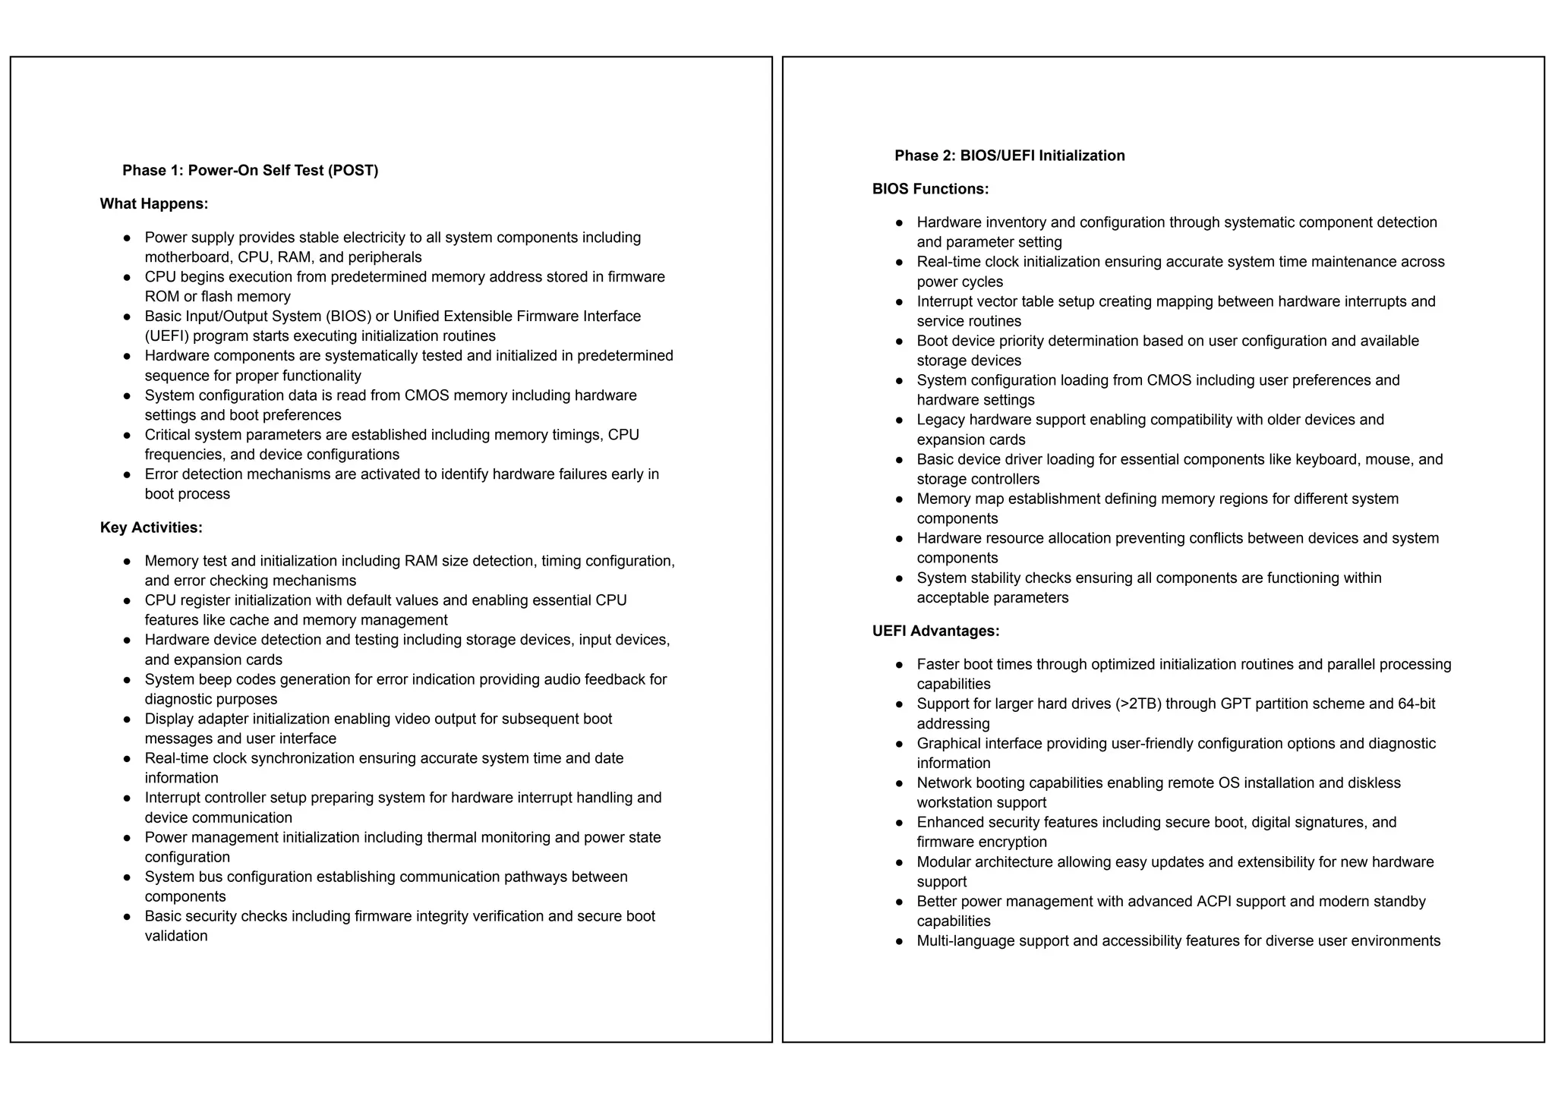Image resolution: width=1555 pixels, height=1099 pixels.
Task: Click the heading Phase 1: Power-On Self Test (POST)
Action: tap(250, 171)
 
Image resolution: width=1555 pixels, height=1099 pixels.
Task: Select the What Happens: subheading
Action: tap(154, 204)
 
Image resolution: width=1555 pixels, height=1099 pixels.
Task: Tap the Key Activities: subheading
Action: tap(151, 527)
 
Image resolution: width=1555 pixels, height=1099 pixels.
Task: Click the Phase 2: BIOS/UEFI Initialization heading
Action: tap(1009, 156)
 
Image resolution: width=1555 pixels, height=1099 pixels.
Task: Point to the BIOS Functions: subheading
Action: tap(930, 189)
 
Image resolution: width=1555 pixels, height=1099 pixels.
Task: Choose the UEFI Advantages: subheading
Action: tap(935, 631)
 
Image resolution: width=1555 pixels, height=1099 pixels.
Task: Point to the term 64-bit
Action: tap(1416, 704)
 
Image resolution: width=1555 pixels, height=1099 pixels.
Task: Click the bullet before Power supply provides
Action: tap(128, 238)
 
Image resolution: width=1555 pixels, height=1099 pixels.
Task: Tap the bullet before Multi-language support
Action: tap(900, 942)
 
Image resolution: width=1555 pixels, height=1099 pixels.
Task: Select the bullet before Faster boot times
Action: tap(900, 665)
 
